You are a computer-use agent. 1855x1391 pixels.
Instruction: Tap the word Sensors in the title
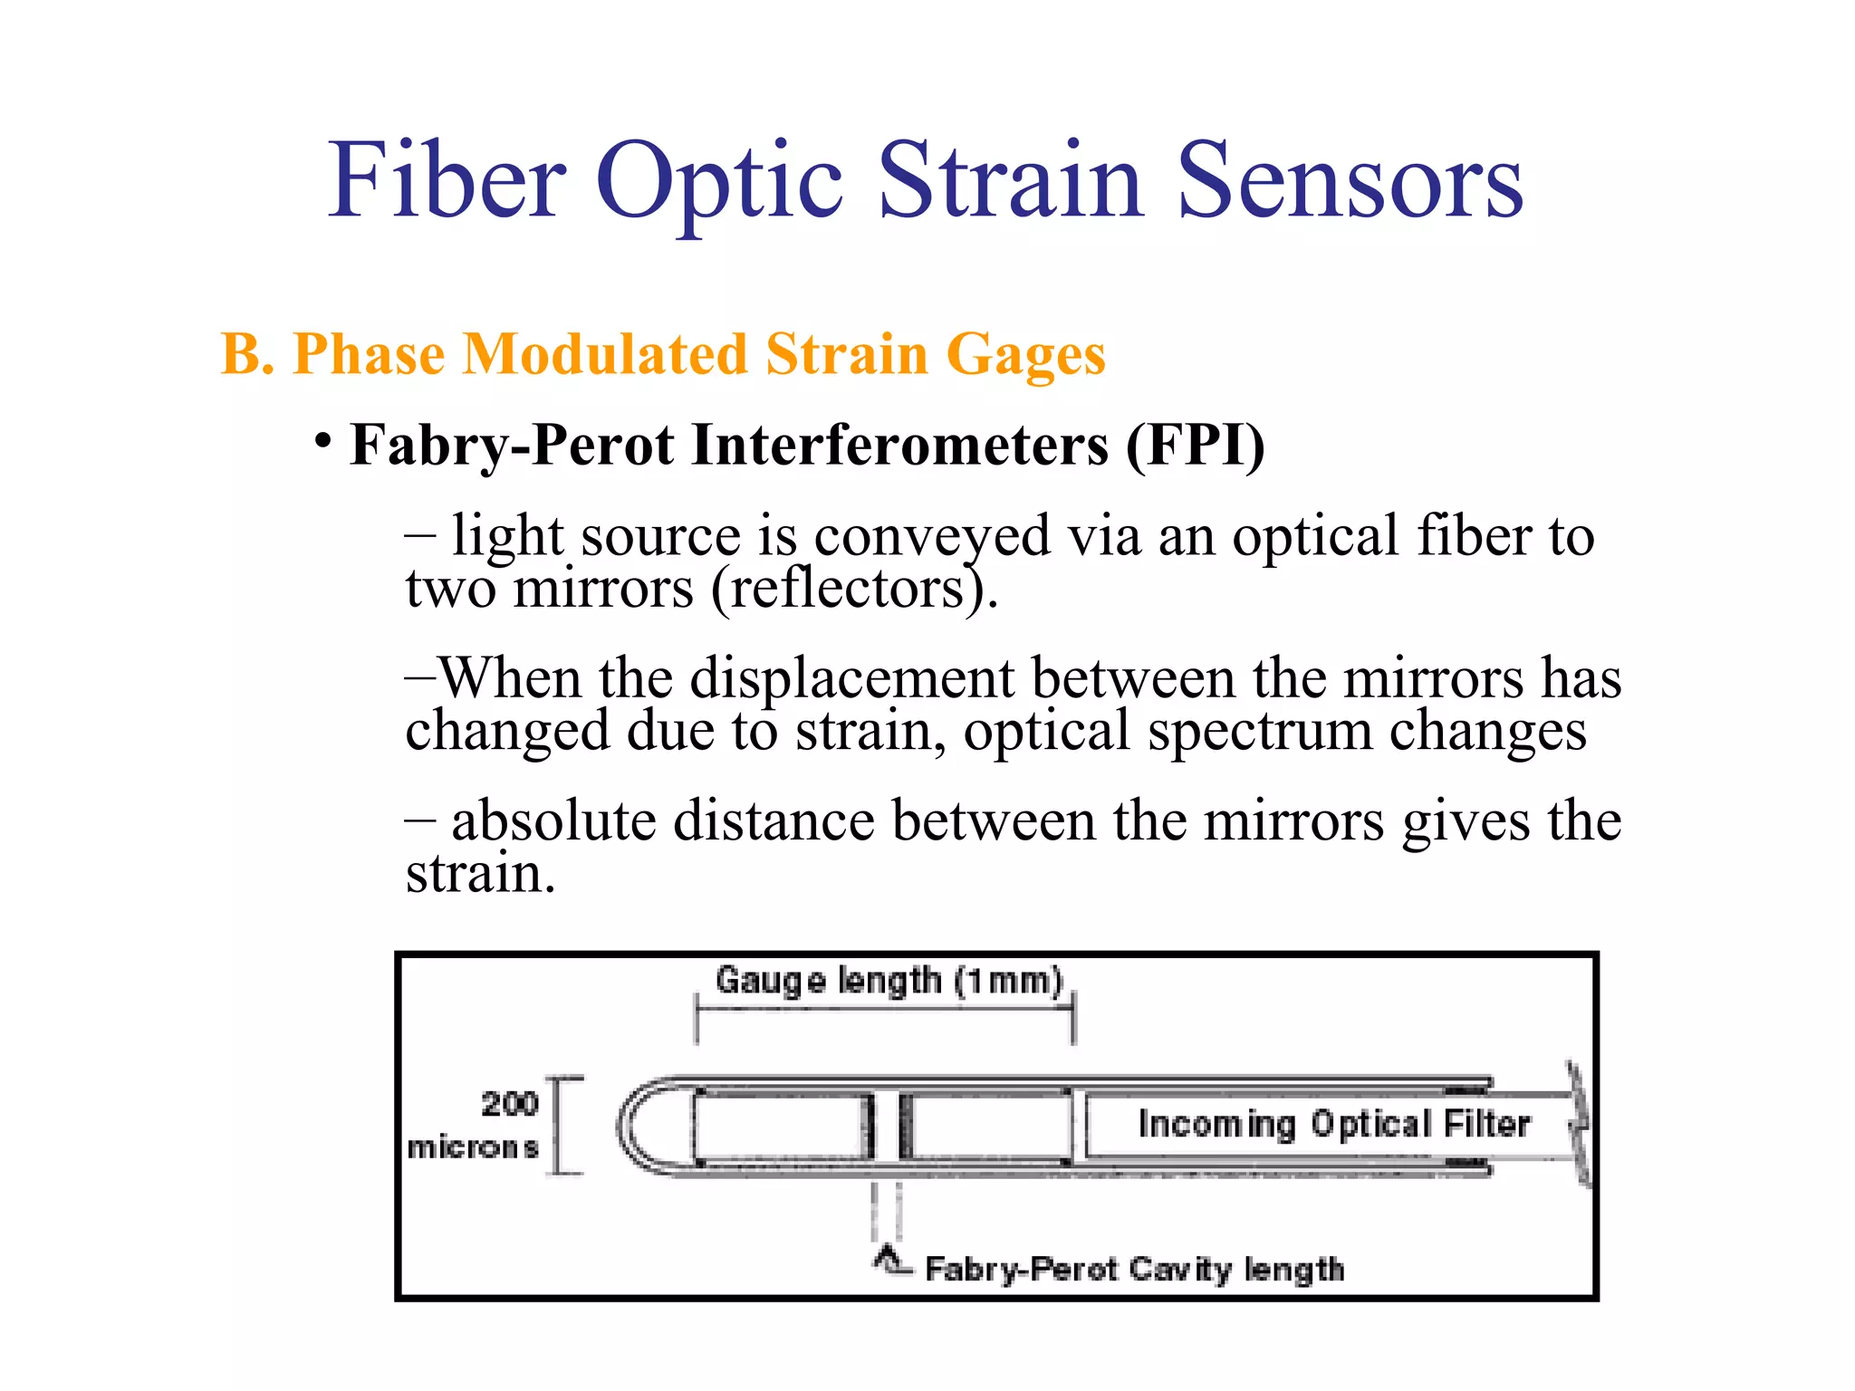coord(1350,181)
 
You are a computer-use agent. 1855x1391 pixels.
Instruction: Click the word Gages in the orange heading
coord(1025,355)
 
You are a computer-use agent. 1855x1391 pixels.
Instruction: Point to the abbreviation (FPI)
coord(1195,446)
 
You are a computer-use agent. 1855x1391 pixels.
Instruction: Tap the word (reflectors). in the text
coord(854,589)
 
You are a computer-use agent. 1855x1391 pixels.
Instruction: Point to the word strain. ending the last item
coord(479,874)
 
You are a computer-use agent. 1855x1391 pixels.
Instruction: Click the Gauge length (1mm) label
coord(888,981)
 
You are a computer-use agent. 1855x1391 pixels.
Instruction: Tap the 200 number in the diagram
coord(509,1104)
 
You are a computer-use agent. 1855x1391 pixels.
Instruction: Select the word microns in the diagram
coord(473,1148)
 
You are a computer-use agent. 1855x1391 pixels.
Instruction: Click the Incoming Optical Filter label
coord(1333,1124)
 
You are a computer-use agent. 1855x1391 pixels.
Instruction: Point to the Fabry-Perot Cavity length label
coord(1134,1270)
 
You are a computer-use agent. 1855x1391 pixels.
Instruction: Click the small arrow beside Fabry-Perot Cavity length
coord(891,1261)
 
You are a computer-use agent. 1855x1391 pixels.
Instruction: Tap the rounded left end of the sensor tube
coord(634,1127)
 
